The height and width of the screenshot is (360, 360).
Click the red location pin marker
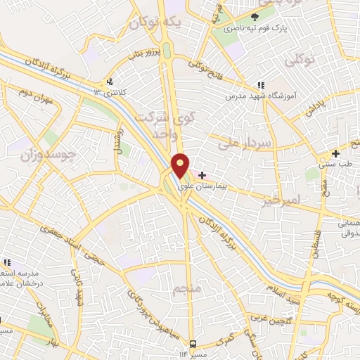(181, 165)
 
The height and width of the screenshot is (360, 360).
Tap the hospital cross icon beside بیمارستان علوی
(202, 174)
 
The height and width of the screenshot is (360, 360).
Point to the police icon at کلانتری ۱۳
(109, 81)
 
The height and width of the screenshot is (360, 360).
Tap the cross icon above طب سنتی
(336, 153)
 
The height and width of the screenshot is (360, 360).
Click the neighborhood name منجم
(186, 289)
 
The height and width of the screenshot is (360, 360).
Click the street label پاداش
(315, 111)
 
